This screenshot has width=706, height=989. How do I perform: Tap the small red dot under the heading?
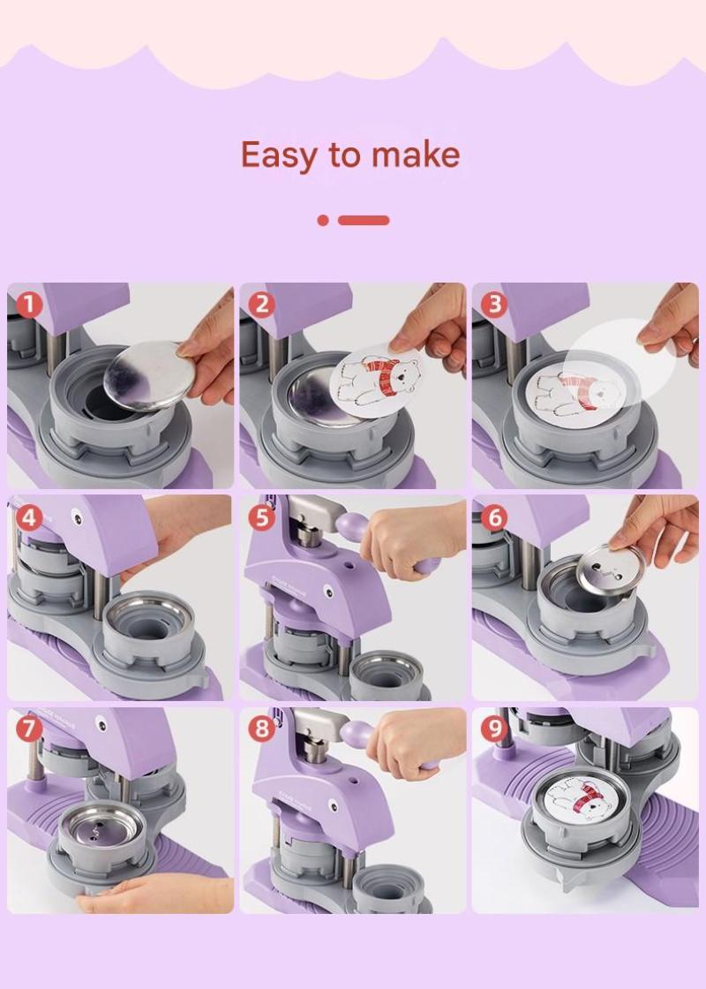(x=323, y=220)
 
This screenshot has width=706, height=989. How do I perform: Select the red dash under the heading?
(x=364, y=220)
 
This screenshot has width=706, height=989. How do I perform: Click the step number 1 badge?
(x=28, y=306)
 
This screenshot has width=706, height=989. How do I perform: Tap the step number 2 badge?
(x=261, y=306)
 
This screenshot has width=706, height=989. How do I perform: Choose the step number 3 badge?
(x=493, y=304)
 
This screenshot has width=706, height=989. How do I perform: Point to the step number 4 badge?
(x=28, y=518)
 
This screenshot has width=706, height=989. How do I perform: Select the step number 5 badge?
(x=261, y=518)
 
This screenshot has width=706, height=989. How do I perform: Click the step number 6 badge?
(x=493, y=517)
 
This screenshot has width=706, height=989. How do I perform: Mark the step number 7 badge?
(x=28, y=729)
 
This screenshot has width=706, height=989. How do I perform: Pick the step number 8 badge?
(x=261, y=729)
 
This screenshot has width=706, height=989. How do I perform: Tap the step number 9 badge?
(x=493, y=729)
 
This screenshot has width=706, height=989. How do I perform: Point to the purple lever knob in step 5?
(x=350, y=525)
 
